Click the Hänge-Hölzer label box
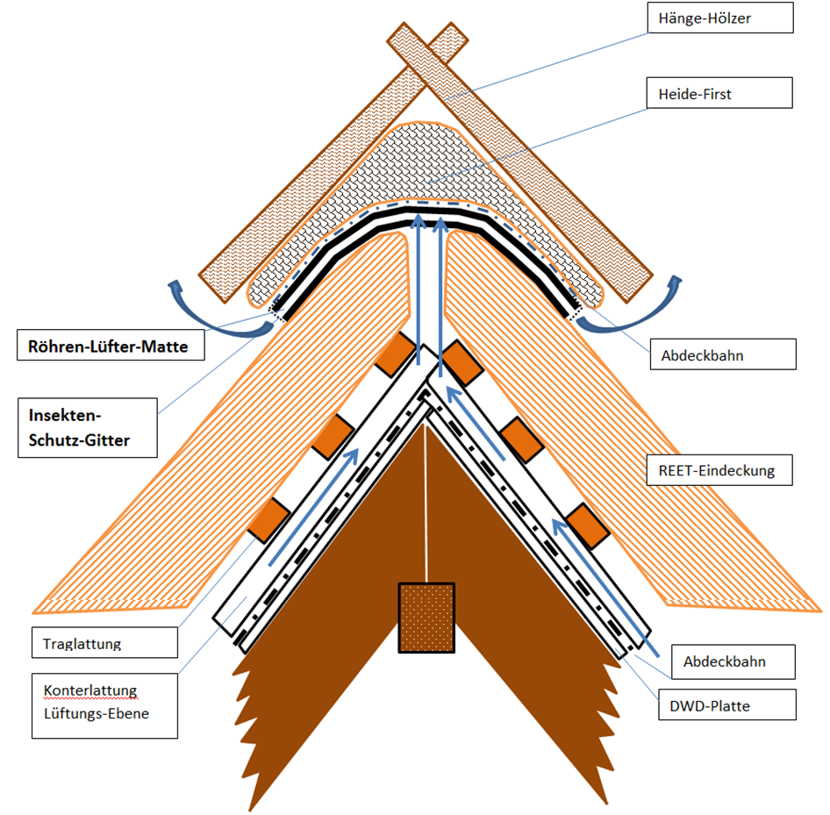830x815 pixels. tap(720, 18)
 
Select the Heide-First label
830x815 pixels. tap(720, 93)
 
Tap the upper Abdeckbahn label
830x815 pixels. tap(723, 354)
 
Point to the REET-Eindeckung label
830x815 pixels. tap(719, 470)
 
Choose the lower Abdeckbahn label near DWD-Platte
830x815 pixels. tap(733, 661)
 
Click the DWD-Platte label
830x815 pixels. tap(726, 705)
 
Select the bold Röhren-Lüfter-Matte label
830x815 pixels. tap(111, 346)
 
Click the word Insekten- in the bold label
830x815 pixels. tap(65, 416)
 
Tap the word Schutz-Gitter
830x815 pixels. tap(79, 440)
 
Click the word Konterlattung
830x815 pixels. tap(90, 690)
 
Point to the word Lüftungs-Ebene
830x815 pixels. tap(97, 713)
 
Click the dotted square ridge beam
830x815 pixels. tap(426, 618)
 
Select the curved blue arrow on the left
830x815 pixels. tap(211, 324)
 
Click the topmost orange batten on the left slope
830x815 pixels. tap(396, 354)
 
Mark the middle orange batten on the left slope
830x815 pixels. tap(333, 436)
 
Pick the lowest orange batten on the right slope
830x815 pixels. tap(588, 525)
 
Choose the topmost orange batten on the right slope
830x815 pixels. tap(462, 363)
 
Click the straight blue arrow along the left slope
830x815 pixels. tap(313, 507)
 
